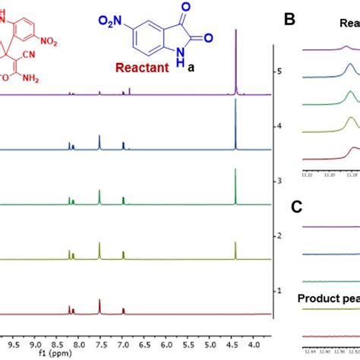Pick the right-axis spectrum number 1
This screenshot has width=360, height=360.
280,291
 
